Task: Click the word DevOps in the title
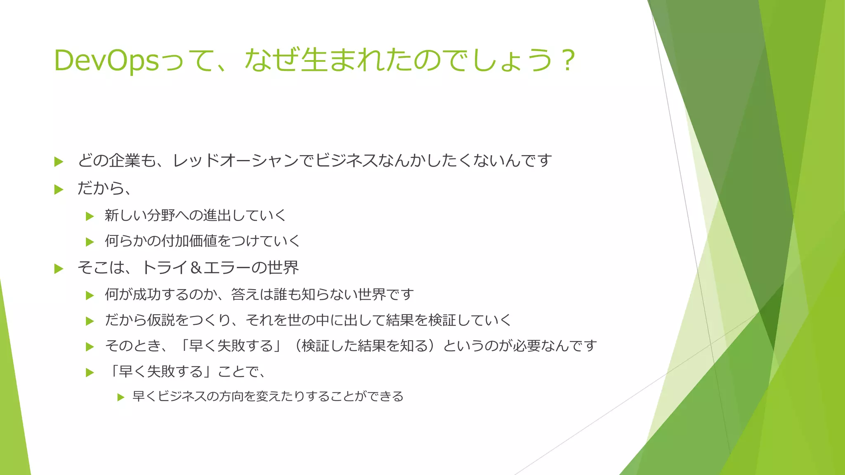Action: click(106, 61)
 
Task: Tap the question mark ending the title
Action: click(569, 61)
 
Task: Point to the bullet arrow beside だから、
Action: click(59, 190)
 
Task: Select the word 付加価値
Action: click(189, 241)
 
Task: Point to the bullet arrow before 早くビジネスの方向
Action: click(120, 397)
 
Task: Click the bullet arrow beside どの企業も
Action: click(59, 162)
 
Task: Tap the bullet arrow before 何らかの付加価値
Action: click(90, 242)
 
